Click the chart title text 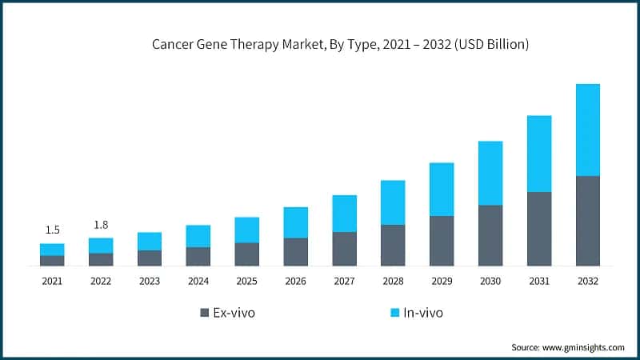click(x=341, y=45)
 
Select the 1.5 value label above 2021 click(x=52, y=230)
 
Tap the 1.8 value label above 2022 click(x=101, y=224)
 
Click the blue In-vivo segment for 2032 click(x=588, y=130)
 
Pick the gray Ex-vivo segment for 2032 click(x=588, y=220)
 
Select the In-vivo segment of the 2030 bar click(x=490, y=173)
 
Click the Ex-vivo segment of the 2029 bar click(x=442, y=240)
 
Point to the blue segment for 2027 click(x=344, y=213)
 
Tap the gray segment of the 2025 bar click(x=246, y=254)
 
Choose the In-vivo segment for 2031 click(x=539, y=154)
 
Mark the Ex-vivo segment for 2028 click(x=393, y=245)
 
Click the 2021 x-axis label click(x=52, y=281)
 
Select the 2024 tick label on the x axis click(x=198, y=281)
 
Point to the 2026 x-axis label click(x=295, y=281)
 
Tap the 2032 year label click(x=588, y=281)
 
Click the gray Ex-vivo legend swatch click(x=204, y=312)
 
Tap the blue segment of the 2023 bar click(x=150, y=241)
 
